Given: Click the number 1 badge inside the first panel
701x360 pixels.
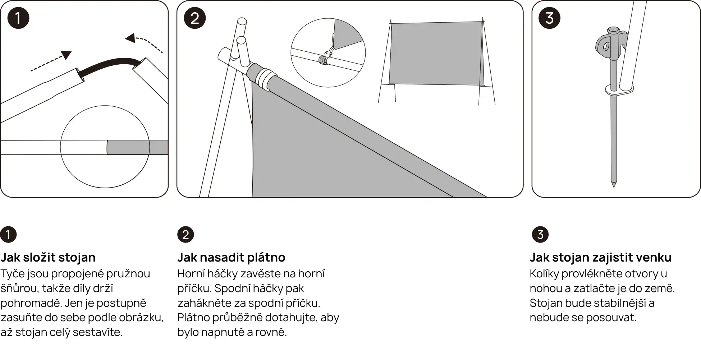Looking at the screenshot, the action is click(18, 18).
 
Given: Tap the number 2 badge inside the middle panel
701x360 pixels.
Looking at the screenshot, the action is click(194, 18).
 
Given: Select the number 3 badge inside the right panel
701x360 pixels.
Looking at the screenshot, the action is click(549, 18).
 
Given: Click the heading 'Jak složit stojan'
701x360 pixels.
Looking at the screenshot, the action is click(48, 257).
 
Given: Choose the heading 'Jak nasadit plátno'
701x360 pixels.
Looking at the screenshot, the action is click(231, 257).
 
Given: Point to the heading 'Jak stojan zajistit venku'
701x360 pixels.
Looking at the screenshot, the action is click(600, 257).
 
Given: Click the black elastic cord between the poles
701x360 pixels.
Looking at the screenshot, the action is click(108, 65).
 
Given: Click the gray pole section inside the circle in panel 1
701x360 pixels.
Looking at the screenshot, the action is click(128, 147).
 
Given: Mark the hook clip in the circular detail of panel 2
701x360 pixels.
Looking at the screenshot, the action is click(325, 57).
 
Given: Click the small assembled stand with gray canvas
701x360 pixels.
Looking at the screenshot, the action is click(436, 61).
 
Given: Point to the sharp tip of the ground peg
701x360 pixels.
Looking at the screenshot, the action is click(614, 186).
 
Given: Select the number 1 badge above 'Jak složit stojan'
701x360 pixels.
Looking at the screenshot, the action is click(8, 235).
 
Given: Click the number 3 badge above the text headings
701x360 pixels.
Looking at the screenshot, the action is click(540, 235).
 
